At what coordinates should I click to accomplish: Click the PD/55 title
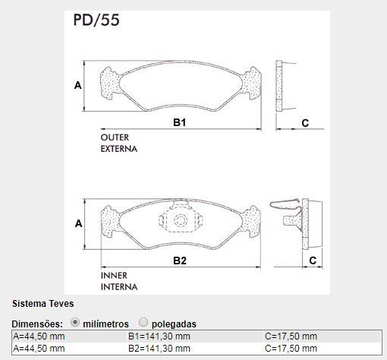pos(96,20)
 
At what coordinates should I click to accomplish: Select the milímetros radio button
pos(75,322)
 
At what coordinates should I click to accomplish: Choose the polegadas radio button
pos(143,322)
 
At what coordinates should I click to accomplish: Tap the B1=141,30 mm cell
pos(159,336)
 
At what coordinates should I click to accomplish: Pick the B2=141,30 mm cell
pos(159,349)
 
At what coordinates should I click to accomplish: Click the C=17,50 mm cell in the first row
pos(291,336)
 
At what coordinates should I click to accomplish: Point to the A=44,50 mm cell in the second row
pos(39,349)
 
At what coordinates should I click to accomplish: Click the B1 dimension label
pos(180,122)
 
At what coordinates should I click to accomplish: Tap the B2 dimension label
pos(180,261)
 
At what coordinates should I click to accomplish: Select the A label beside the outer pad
pos(78,85)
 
